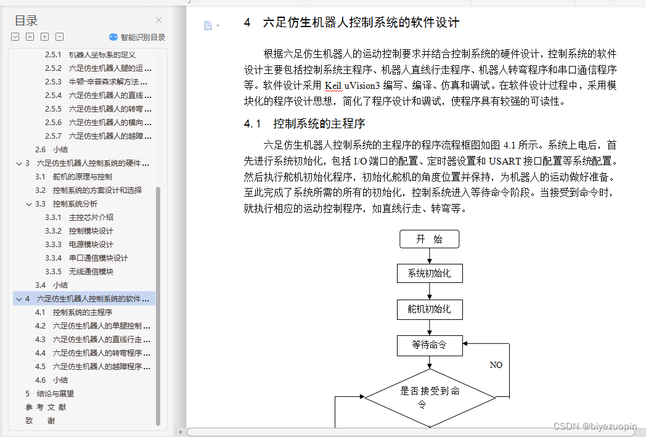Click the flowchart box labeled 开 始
pyautogui.click(x=429, y=239)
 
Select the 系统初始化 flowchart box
pyautogui.click(x=429, y=274)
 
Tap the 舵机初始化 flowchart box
pyautogui.click(x=429, y=309)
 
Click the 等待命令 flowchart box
pyautogui.click(x=429, y=345)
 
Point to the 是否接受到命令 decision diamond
pyautogui.click(x=430, y=398)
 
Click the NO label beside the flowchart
pyautogui.click(x=496, y=365)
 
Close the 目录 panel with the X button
pyautogui.click(x=158, y=20)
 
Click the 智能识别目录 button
pyautogui.click(x=137, y=37)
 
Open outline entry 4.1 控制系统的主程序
pyautogui.click(x=82, y=312)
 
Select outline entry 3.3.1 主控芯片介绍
pyautogui.click(x=91, y=218)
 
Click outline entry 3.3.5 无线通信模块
pyautogui.click(x=91, y=272)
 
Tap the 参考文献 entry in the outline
pyautogui.click(x=46, y=407)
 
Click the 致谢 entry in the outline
pyautogui.click(x=40, y=421)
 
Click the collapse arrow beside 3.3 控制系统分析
pyautogui.click(x=29, y=204)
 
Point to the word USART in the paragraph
pyautogui.click(x=505, y=161)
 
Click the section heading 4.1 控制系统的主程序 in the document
pyautogui.click(x=313, y=124)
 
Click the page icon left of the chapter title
pyautogui.click(x=208, y=25)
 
